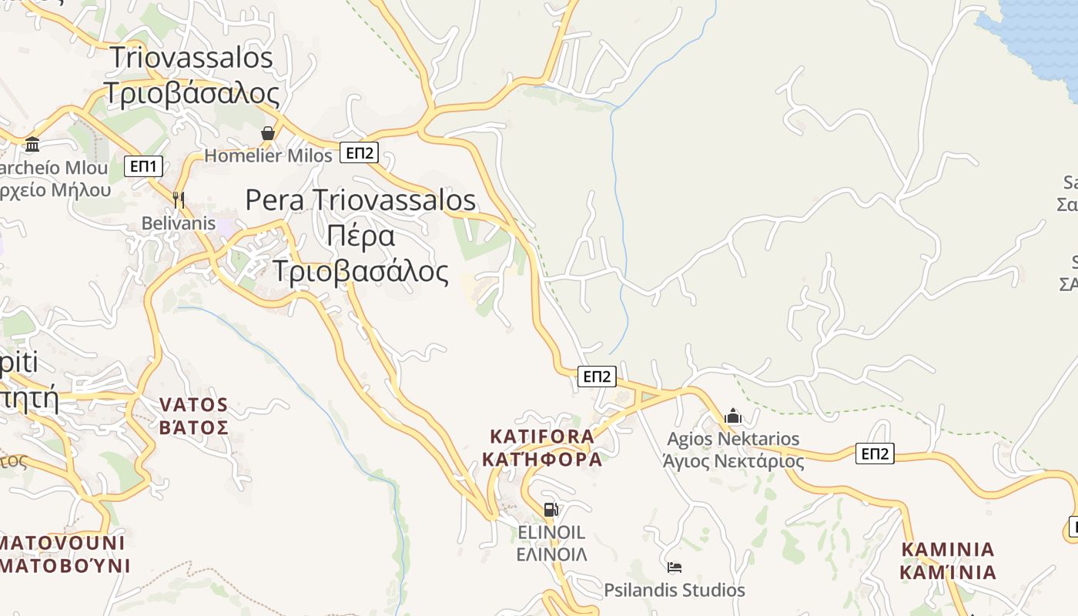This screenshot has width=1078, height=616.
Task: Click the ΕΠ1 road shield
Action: coord(143,166)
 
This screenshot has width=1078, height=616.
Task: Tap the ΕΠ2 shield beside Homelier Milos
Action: coord(359,152)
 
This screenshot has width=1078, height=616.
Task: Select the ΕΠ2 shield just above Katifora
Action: coord(597,376)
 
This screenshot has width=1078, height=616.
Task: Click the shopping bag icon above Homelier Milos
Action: coord(267,134)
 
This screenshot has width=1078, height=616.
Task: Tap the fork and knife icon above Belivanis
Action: coord(179,200)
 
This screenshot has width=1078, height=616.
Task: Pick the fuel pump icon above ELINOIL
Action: coord(551,509)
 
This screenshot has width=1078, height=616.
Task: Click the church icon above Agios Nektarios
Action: coord(733,417)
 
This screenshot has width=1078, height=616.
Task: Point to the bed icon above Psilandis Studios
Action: coord(675,567)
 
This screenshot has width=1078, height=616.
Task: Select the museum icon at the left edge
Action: coord(32,144)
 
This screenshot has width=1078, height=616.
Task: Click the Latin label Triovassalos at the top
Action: coord(191,58)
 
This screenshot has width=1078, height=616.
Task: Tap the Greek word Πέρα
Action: coord(360,236)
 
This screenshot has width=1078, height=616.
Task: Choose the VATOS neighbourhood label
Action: coord(193,404)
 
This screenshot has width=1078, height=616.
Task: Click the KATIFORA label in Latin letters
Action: coord(542,437)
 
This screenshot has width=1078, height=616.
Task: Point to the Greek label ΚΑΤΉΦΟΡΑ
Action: coord(542,460)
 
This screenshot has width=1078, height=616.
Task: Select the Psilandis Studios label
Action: coord(675,590)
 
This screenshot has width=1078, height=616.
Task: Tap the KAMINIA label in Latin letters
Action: coord(948,549)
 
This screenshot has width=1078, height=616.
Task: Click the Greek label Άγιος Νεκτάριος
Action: coord(733,461)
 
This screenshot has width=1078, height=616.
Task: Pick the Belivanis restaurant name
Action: coord(179,223)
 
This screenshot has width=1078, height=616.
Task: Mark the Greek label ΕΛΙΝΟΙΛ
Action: coord(551,554)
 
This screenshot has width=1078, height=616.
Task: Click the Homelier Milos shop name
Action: coord(268,156)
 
